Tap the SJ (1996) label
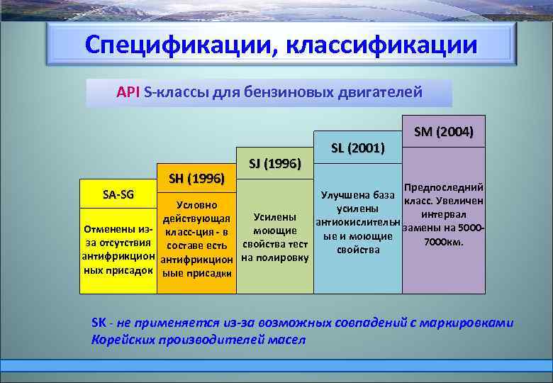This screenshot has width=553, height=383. [275, 163]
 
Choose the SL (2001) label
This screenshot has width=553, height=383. [357, 148]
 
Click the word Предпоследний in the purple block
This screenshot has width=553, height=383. [444, 187]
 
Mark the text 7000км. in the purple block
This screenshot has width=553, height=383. [444, 242]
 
